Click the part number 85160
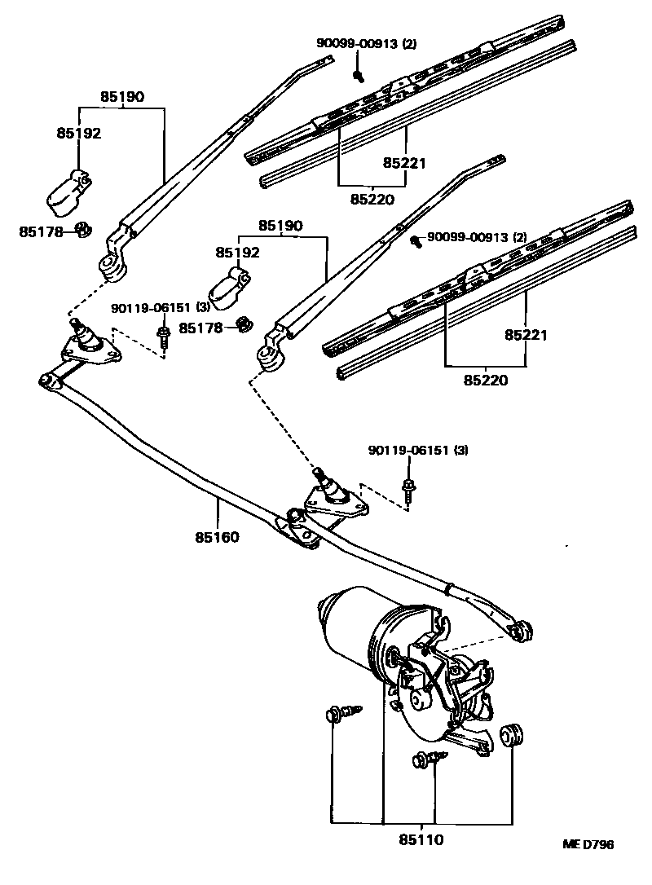(217, 537)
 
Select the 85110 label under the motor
(421, 839)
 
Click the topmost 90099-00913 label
(366, 44)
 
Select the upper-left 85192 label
(78, 133)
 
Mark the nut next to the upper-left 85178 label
(82, 231)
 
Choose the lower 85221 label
(526, 335)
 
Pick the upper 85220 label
(372, 198)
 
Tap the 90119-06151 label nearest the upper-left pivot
(161, 308)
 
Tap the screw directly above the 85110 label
(427, 760)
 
